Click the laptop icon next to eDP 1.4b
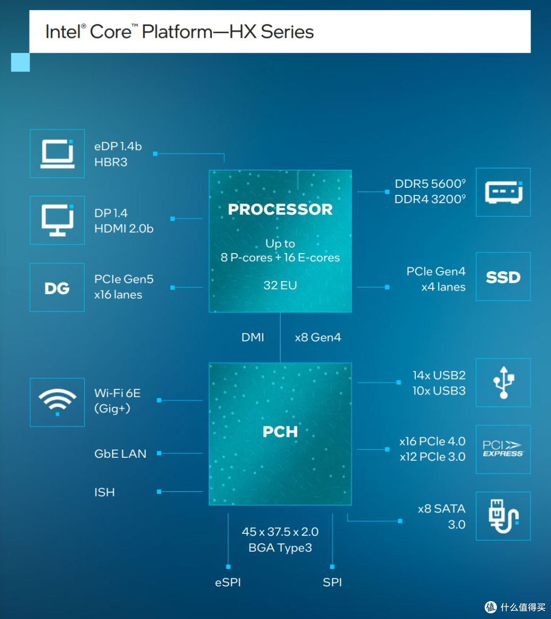click(x=58, y=154)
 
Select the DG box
click(x=57, y=287)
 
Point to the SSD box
click(x=503, y=277)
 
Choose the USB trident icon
click(x=504, y=383)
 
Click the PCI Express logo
click(x=503, y=449)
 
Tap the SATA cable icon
click(x=504, y=516)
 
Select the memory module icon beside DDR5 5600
click(x=504, y=192)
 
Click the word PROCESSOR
click(x=280, y=209)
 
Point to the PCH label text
click(x=280, y=432)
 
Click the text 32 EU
click(x=280, y=285)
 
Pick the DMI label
click(x=253, y=337)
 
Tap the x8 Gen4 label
click(x=318, y=337)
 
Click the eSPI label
click(x=228, y=582)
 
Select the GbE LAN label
click(x=120, y=454)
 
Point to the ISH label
click(x=105, y=492)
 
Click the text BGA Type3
click(x=280, y=548)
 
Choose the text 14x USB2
click(x=439, y=375)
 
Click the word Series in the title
click(x=287, y=32)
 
